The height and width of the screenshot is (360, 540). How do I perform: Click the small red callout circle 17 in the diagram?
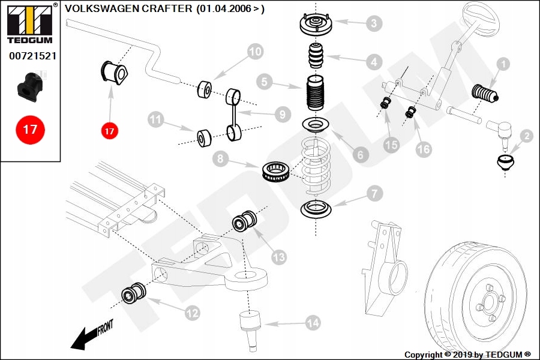109,130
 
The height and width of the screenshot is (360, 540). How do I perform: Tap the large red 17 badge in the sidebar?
30,129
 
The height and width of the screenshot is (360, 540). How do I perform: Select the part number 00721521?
32,56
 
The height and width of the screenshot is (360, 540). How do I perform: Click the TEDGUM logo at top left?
29,22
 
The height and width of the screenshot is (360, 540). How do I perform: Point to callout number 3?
373,23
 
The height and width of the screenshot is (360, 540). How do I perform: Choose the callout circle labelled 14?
313,323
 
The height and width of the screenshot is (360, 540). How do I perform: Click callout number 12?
192,312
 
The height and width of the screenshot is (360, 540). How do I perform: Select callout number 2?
526,137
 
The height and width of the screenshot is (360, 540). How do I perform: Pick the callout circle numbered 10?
256,52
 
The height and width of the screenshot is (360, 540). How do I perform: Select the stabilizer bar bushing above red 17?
114,73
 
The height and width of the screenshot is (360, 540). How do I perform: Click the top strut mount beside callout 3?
316,25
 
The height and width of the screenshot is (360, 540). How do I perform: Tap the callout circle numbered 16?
424,148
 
